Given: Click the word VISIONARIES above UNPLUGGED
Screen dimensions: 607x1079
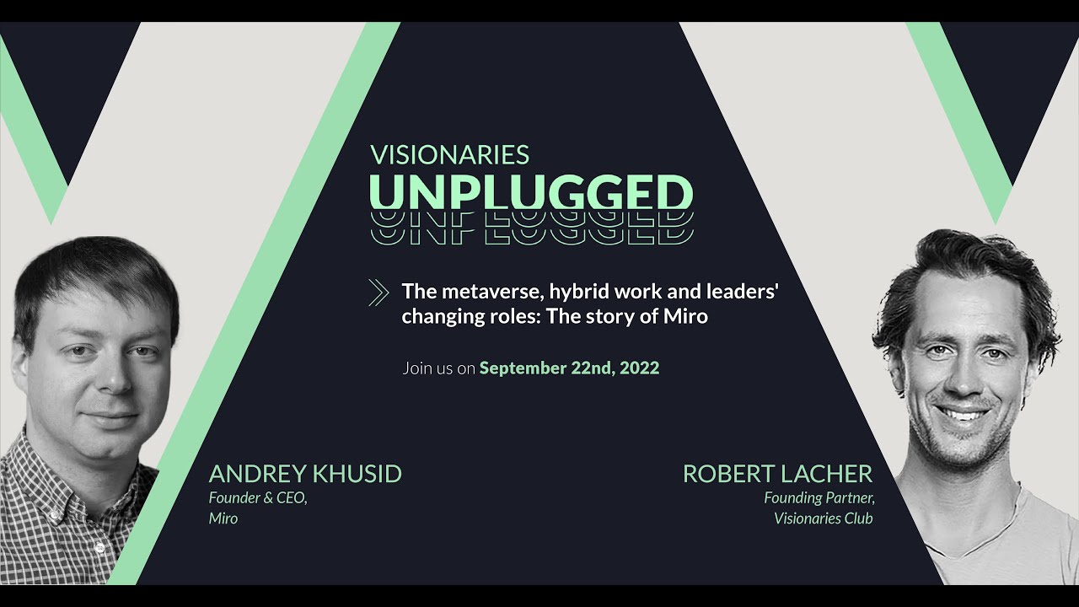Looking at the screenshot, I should coord(449,155).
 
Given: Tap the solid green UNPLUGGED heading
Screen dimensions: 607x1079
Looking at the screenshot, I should coord(530,192).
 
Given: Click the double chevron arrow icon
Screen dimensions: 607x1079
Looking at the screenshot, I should coord(378,293).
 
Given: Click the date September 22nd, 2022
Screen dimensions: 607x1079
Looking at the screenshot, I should coord(569,368).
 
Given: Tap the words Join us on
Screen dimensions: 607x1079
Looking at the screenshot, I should coord(438,368).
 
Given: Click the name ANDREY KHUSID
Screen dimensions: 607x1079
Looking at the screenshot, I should coord(305,474).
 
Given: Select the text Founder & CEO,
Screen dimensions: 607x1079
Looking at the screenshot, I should coord(258,497).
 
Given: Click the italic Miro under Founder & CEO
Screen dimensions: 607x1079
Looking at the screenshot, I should coord(223,518).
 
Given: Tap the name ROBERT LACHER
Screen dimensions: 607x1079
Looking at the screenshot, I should coord(777,474).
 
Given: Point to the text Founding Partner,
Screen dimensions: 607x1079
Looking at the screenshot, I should coord(819,497).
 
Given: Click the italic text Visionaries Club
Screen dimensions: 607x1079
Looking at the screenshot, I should coord(823,518).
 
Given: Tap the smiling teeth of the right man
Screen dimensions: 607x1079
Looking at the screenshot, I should coord(964,413).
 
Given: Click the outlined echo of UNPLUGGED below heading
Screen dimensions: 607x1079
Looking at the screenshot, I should coord(530,229).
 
